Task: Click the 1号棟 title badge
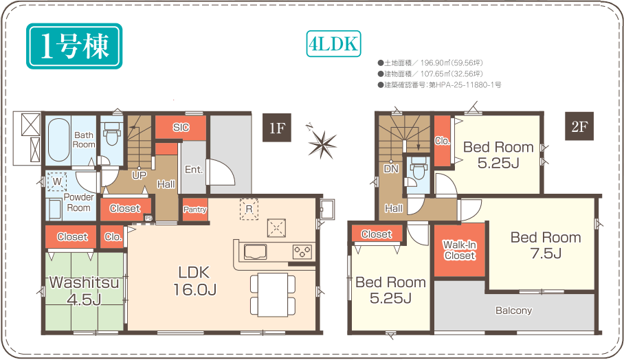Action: click(74, 46)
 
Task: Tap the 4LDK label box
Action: click(333, 44)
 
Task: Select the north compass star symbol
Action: click(322, 143)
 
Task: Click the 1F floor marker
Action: click(277, 128)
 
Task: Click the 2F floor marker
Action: click(579, 126)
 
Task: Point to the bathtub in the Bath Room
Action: click(59, 139)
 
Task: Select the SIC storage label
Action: click(181, 127)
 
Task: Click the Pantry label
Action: click(195, 210)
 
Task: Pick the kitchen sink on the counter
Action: click(255, 252)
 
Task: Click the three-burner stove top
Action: click(302, 251)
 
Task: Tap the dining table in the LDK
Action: click(273, 295)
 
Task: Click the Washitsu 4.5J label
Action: click(85, 291)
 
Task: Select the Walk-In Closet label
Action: click(460, 250)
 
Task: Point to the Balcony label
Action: click(514, 311)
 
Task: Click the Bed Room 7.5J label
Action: click(546, 245)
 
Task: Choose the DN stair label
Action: click(391, 168)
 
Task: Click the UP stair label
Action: click(140, 175)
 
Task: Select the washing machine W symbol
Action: click(57, 182)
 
